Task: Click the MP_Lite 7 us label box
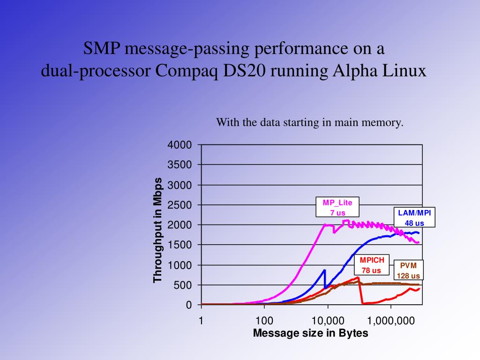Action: click(x=337, y=208)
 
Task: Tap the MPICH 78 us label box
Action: click(x=371, y=265)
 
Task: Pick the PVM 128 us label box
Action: click(x=408, y=270)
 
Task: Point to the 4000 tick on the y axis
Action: click(x=180, y=145)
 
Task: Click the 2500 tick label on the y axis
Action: click(x=180, y=205)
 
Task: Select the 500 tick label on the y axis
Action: click(x=183, y=285)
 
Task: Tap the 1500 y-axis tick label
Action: click(x=180, y=245)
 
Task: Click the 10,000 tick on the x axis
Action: click(x=328, y=321)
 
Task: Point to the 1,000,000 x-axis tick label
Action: click(x=390, y=321)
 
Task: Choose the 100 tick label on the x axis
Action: click(x=264, y=321)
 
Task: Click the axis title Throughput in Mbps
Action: click(x=158, y=230)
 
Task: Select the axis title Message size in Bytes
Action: click(x=310, y=333)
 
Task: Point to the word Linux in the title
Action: click(x=403, y=71)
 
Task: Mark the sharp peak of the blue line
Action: click(x=324, y=270)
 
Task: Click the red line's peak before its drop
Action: click(x=358, y=277)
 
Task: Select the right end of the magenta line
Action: click(x=418, y=242)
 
